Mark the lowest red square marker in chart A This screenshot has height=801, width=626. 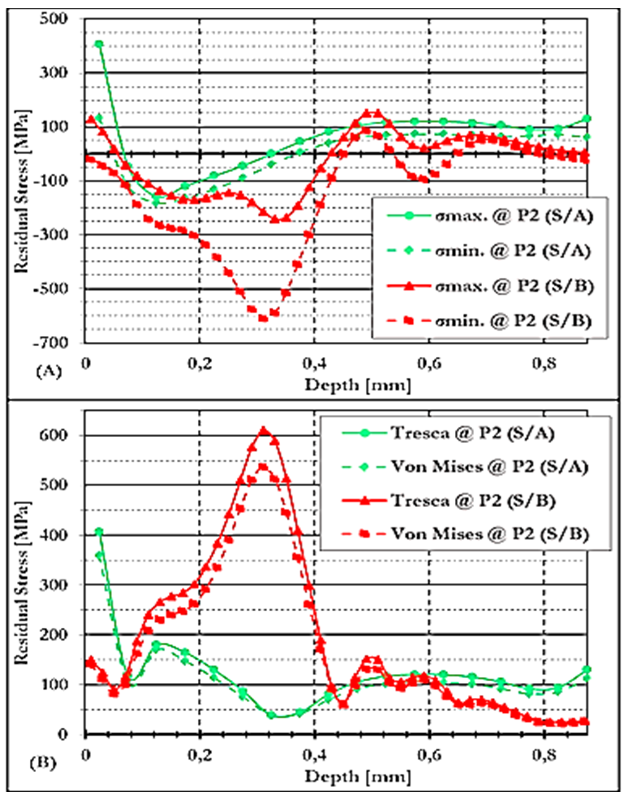pos(263,318)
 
